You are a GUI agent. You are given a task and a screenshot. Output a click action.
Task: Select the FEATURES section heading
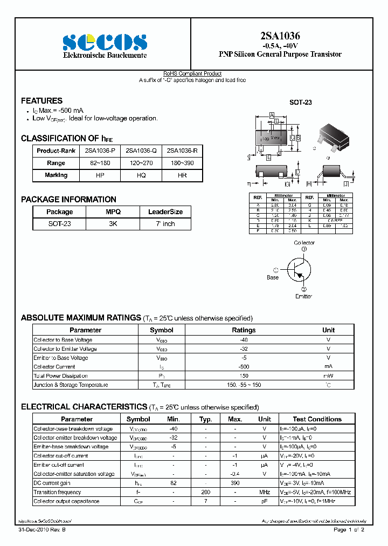[x=41, y=101]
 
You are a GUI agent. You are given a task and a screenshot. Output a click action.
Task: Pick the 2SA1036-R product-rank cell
[x=182, y=151]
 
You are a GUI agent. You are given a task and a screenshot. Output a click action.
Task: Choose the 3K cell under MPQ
[x=113, y=224]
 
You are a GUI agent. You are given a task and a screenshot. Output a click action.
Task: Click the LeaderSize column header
[x=165, y=212]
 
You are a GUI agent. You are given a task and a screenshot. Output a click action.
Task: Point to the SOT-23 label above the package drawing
[x=301, y=103]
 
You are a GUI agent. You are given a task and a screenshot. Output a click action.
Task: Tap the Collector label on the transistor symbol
[x=304, y=243]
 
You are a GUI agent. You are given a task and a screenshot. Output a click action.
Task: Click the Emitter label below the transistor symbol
[x=303, y=296]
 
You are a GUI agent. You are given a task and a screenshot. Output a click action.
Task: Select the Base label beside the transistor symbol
[x=273, y=277]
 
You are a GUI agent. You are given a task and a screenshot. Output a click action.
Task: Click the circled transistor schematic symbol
[x=297, y=269]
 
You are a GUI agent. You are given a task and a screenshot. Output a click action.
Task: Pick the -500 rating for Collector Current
[x=244, y=367]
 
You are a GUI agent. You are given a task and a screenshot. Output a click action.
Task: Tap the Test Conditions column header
[x=317, y=419]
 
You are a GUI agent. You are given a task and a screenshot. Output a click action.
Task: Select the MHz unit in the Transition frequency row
[x=264, y=492]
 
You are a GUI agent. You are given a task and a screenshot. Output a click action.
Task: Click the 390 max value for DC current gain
[x=235, y=483]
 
